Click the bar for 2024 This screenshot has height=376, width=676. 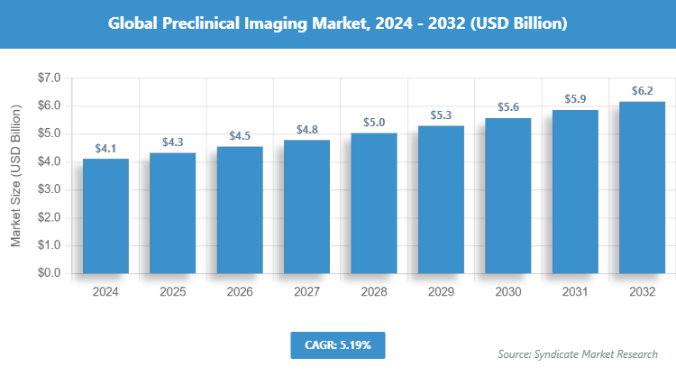(x=105, y=216)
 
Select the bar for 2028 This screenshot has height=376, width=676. (x=374, y=203)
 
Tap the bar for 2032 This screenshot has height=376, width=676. (x=642, y=188)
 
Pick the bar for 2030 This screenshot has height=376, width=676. (x=507, y=196)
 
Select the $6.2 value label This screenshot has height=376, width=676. (x=642, y=91)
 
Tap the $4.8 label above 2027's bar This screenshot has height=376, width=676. (x=306, y=130)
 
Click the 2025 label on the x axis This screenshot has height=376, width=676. (x=173, y=292)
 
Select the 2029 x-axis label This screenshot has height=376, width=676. (x=441, y=292)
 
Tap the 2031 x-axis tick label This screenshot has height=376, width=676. (x=575, y=292)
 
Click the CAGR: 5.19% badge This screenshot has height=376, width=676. (x=338, y=344)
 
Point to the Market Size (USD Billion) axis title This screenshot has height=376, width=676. (x=15, y=176)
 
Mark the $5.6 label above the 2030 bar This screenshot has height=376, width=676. (x=507, y=107)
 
